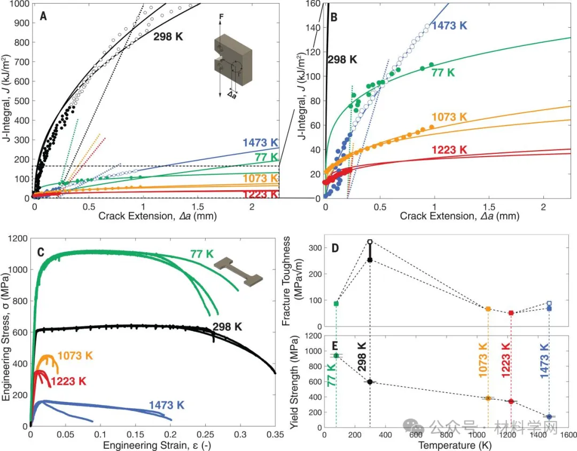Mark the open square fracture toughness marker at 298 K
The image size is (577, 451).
pyautogui.click(x=370, y=242)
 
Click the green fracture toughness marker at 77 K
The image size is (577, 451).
pyautogui.click(x=336, y=304)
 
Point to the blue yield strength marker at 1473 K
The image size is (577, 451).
pyautogui.click(x=549, y=417)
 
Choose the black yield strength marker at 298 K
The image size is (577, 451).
pyautogui.click(x=370, y=382)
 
